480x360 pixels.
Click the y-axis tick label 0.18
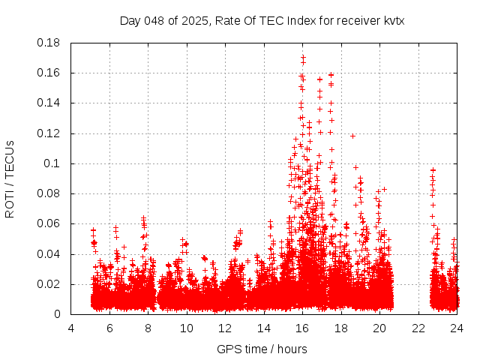[49, 43]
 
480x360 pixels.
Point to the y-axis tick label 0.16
[49, 73]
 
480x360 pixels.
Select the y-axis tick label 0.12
[49, 133]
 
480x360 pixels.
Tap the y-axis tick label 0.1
[52, 163]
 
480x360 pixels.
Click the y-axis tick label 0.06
[49, 223]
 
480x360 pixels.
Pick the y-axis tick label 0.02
[49, 284]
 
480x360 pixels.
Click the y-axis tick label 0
[58, 314]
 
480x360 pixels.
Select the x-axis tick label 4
[71, 328]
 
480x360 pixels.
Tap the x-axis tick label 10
[187, 328]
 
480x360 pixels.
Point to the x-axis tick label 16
[302, 328]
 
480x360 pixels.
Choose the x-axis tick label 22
[418, 328]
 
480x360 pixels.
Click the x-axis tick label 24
[456, 328]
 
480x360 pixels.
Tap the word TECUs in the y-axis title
[10, 158]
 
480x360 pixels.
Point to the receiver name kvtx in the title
[393, 20]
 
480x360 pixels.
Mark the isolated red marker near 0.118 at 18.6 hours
[352, 136]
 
